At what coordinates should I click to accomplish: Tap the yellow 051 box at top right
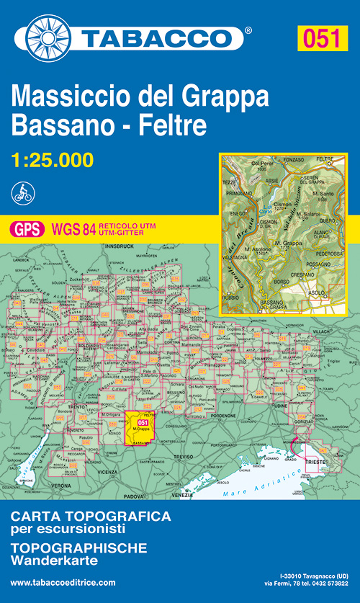pyautogui.click(x=320, y=37)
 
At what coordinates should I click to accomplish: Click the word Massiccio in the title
pyautogui.click(x=68, y=97)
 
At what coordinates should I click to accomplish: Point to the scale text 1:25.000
pyautogui.click(x=52, y=159)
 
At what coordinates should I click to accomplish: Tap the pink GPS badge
pyautogui.click(x=26, y=229)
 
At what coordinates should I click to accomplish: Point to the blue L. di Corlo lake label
pyautogui.click(x=268, y=208)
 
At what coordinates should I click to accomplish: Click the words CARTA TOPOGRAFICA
pyautogui.click(x=91, y=517)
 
